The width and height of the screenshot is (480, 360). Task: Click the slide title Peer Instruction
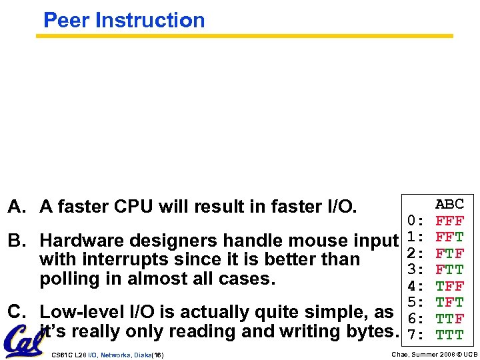coord(124,20)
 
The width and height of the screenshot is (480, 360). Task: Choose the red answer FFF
coord(449,221)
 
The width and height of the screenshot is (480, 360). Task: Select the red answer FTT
coord(449,269)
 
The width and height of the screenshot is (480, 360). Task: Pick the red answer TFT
coord(449,302)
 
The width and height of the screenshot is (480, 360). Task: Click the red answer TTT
coord(449,334)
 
